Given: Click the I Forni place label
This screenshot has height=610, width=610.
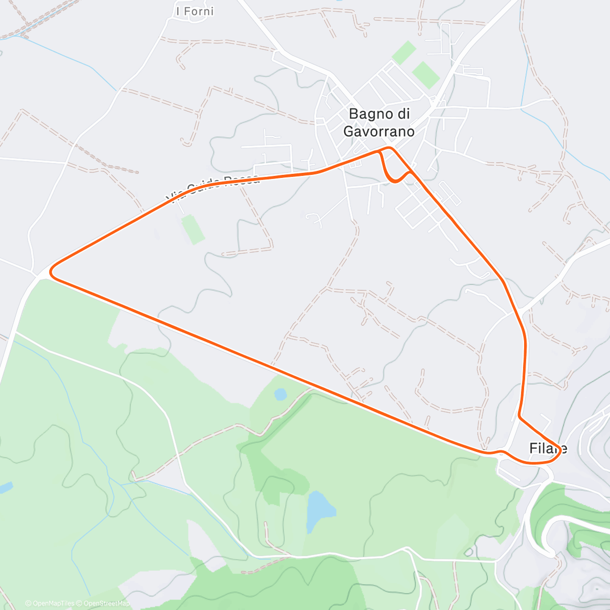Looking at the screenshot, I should pos(195,11).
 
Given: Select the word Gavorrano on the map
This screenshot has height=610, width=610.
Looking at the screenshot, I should pos(379,132).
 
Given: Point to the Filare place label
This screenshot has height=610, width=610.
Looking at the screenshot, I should pos(547,448).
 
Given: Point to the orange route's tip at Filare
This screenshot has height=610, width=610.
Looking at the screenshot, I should pos(561,449).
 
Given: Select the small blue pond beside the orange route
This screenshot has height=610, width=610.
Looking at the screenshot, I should pos(280,394).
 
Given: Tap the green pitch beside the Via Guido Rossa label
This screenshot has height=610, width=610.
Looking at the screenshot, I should pos(193,229).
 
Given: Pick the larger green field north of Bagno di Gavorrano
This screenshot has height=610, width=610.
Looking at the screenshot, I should pos(425,75).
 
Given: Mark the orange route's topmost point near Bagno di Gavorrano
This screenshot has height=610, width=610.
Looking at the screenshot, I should pos(388,147).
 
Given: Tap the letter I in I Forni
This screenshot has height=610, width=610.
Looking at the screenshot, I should pos(177,11).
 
